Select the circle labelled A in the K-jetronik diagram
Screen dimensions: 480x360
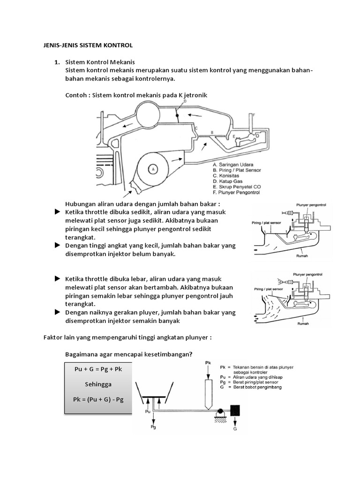point(153,168)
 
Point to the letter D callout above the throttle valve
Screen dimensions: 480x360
point(185,100)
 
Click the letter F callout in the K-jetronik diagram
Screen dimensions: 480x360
point(254,114)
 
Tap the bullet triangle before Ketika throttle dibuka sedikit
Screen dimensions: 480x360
point(58,212)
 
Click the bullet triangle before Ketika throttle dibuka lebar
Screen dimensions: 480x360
point(58,278)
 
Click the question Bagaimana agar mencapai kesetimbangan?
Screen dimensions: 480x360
point(129,354)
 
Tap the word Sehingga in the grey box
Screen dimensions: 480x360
point(98,384)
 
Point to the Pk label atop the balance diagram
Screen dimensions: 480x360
point(209,363)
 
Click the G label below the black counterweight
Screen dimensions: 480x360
point(236,428)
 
